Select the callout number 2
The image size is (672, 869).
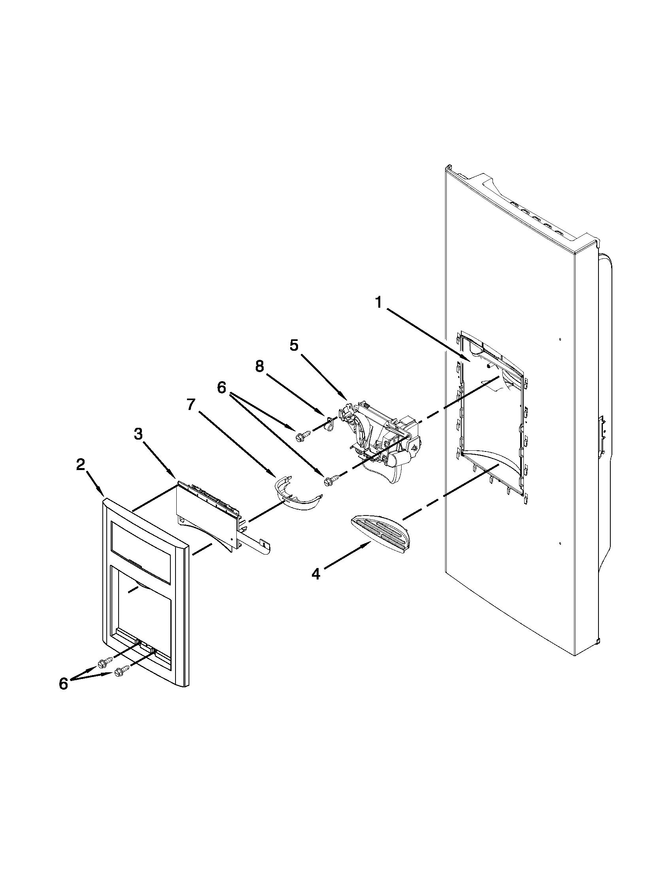[81, 465]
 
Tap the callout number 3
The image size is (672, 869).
[138, 435]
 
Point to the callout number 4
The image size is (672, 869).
[316, 574]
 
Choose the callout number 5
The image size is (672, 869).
[294, 345]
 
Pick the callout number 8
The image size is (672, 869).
[260, 367]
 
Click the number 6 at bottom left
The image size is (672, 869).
[64, 684]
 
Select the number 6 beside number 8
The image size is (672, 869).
[222, 387]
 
